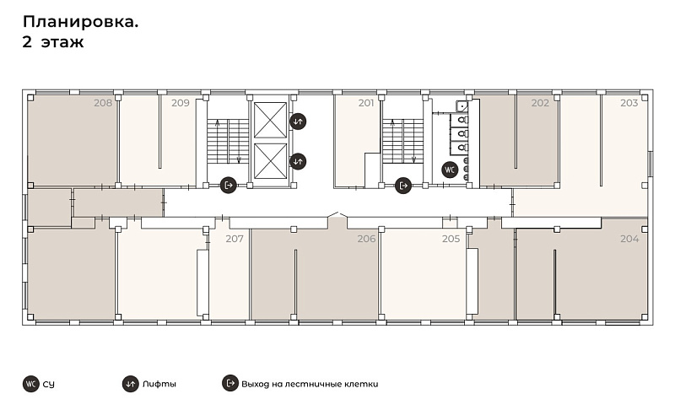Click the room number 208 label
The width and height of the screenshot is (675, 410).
103,103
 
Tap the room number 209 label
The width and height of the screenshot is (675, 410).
181,103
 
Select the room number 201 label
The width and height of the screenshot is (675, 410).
366,103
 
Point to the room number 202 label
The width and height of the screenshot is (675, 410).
540,103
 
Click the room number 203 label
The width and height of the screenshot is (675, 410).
629,103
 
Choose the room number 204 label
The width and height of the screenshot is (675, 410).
629,239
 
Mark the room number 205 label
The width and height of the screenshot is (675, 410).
451,239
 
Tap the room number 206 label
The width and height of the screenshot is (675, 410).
366,239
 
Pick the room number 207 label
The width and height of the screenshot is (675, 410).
235,239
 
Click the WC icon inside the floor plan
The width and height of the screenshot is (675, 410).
450,170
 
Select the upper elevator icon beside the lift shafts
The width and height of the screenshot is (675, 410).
298,121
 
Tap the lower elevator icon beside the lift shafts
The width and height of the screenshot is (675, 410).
298,162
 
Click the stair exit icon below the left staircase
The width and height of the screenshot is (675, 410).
229,186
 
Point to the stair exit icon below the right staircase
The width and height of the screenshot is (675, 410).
403,186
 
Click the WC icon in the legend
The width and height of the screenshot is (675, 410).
31,384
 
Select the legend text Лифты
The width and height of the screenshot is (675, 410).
159,384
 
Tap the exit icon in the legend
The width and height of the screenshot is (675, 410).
230,383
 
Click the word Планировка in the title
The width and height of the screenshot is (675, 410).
80,22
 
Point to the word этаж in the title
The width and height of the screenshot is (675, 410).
62,42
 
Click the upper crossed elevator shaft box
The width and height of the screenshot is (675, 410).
270,120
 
